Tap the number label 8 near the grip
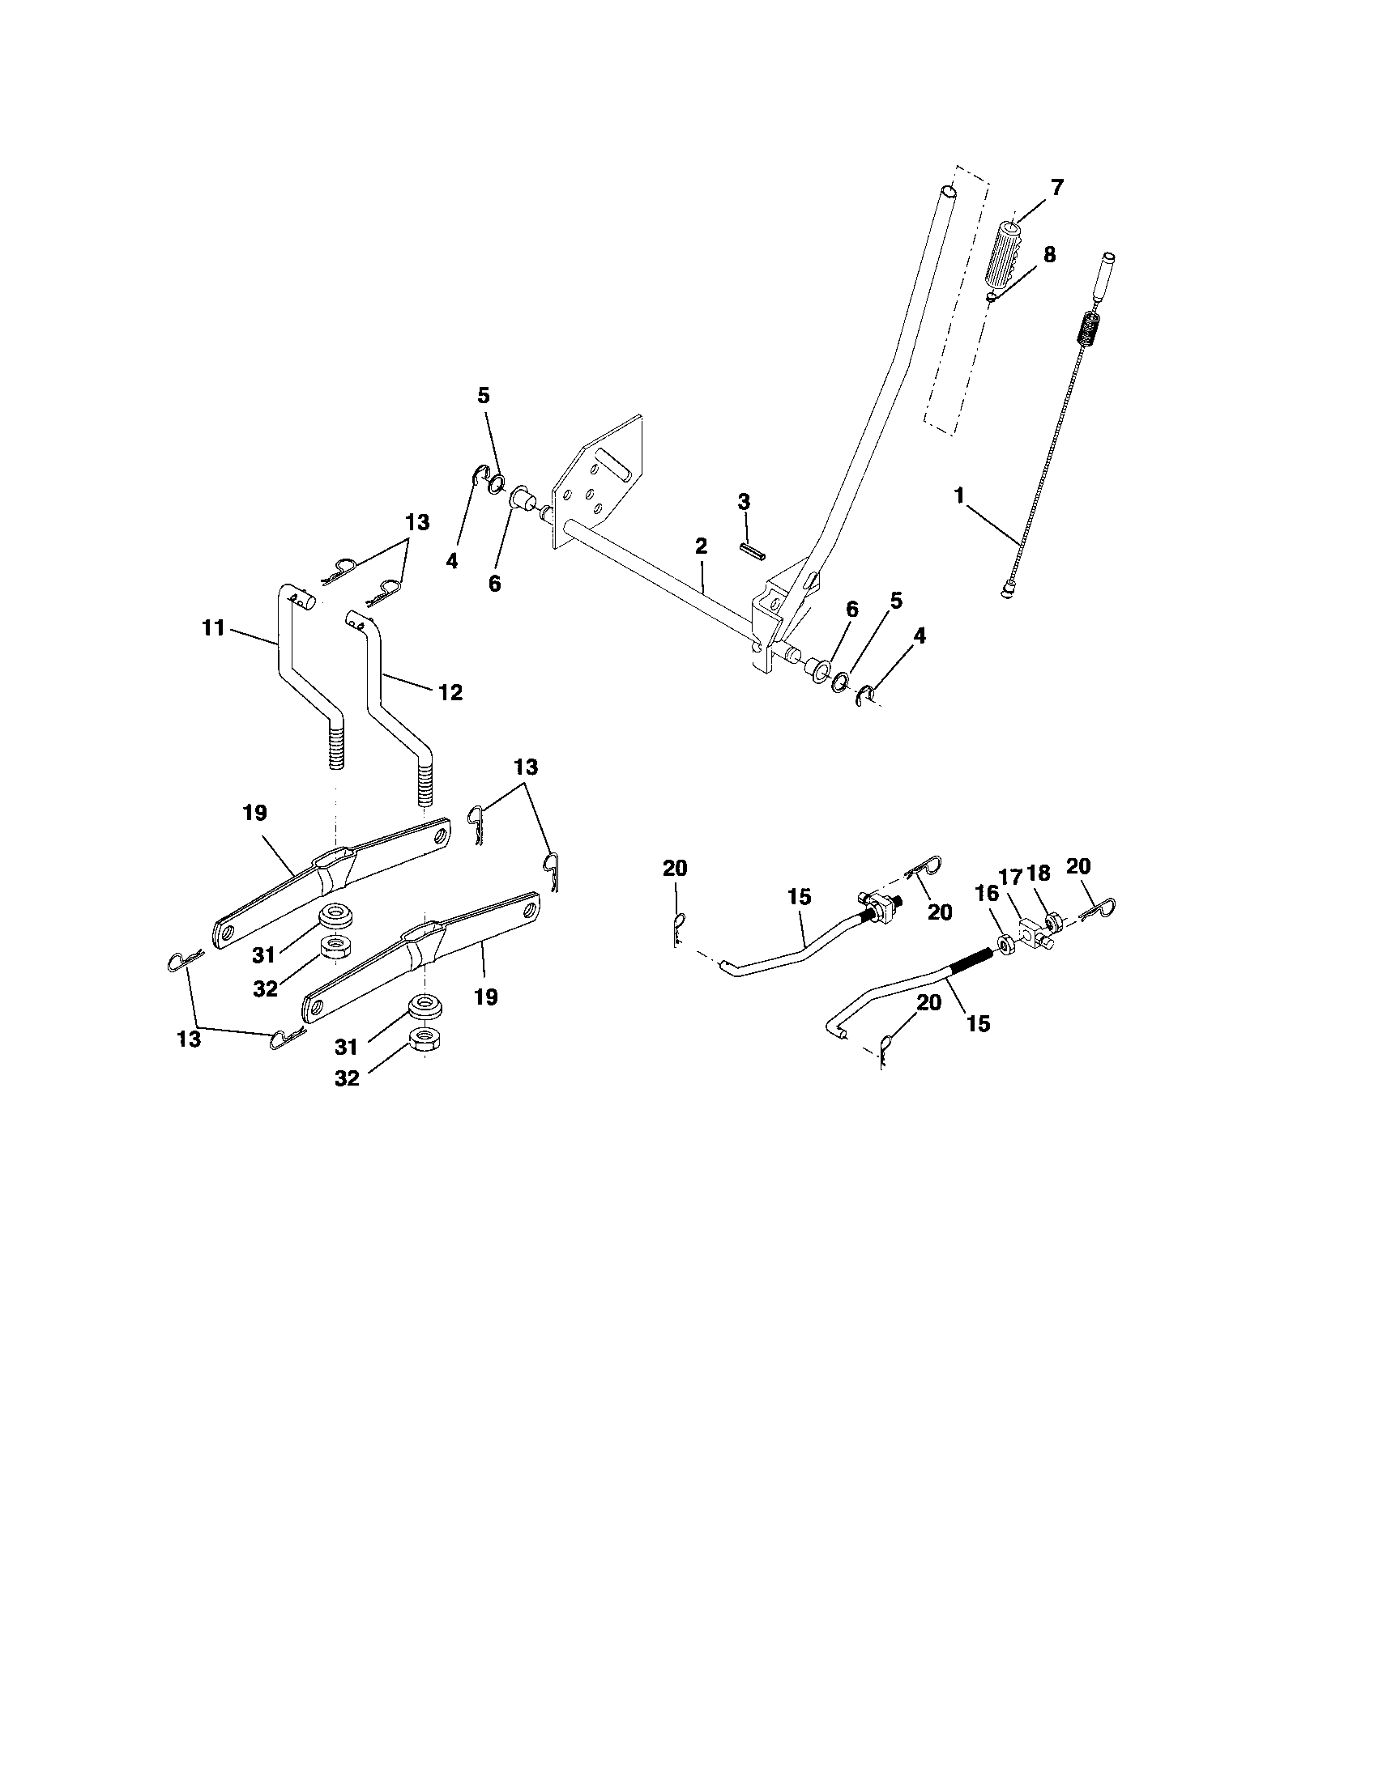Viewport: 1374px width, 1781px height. [1048, 255]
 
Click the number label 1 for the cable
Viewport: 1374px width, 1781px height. [959, 495]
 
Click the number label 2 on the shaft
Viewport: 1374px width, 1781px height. [701, 546]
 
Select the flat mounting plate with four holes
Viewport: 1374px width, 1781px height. [598, 482]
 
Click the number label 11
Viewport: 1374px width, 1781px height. [213, 629]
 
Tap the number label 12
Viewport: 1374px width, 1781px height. [450, 692]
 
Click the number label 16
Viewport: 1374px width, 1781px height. [988, 893]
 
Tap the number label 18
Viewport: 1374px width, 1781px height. [1039, 873]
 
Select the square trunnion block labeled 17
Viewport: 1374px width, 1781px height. [1030, 931]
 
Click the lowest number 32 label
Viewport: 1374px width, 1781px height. [347, 1078]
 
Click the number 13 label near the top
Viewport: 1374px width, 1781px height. [417, 523]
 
